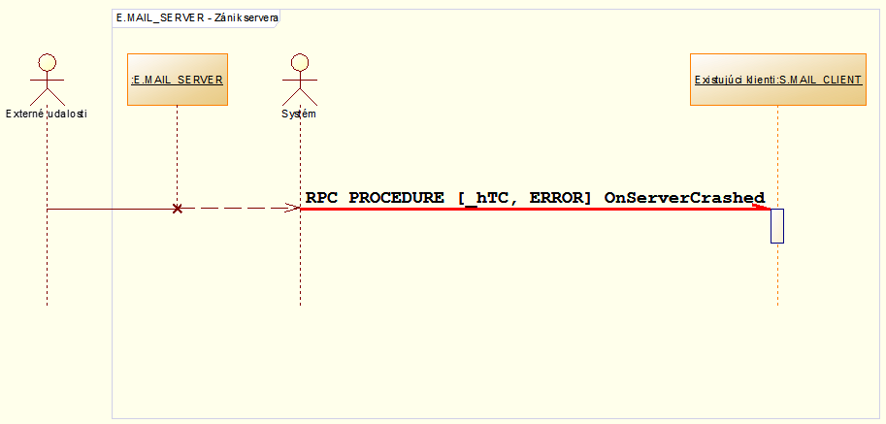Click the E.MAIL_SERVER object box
coord(178,80)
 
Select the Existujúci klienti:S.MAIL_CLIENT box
coord(777,80)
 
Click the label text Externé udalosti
coord(46,114)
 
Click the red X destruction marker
coord(177,209)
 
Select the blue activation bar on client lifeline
coord(777,226)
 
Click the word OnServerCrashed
coord(684,197)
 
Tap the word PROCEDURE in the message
coord(398,197)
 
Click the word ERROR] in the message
coord(560,197)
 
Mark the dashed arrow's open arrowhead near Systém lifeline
coord(294,208)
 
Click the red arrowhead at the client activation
coord(764,207)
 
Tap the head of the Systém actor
coord(300,60)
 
